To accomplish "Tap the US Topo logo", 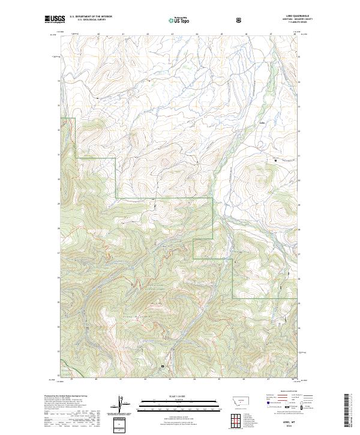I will pyautogui.click(x=179, y=20).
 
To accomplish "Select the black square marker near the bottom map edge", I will pyautogui.click(x=162, y=365).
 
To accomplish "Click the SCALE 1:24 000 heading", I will pyautogui.click(x=179, y=394).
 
